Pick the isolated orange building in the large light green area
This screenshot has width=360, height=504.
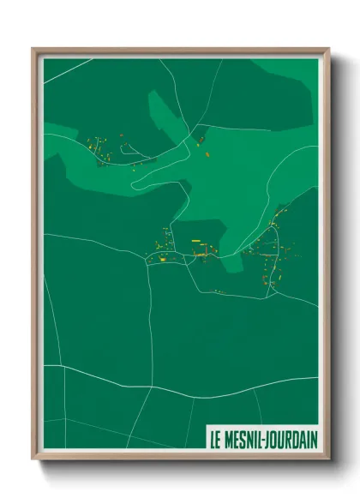pos(207,154)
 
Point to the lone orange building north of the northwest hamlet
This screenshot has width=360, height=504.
pos(122,134)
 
